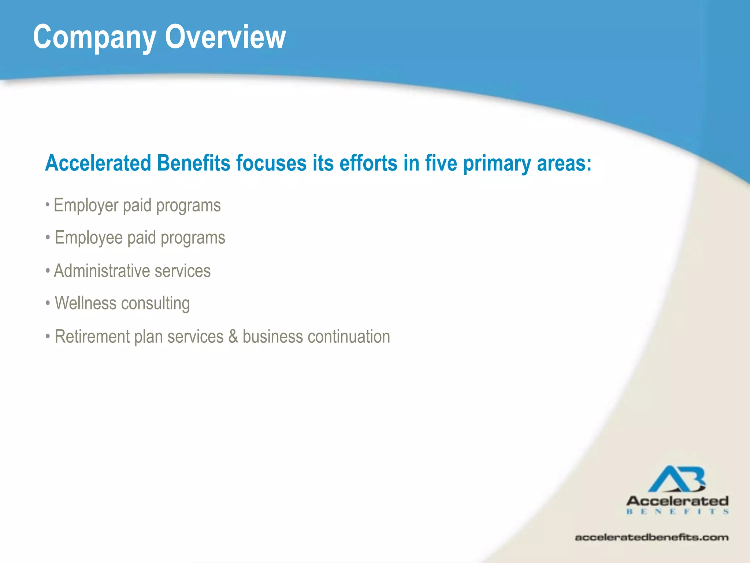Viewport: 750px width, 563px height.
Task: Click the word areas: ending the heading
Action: [x=564, y=164]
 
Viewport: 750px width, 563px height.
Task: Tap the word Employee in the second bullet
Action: [x=88, y=238]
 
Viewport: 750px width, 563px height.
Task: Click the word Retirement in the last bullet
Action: [x=92, y=336]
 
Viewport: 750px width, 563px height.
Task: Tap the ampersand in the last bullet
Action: [x=233, y=336]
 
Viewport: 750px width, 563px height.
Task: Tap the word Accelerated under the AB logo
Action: [x=677, y=501]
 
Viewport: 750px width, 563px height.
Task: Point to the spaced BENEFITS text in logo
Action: [x=677, y=512]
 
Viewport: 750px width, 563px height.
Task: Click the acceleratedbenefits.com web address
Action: [x=651, y=538]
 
